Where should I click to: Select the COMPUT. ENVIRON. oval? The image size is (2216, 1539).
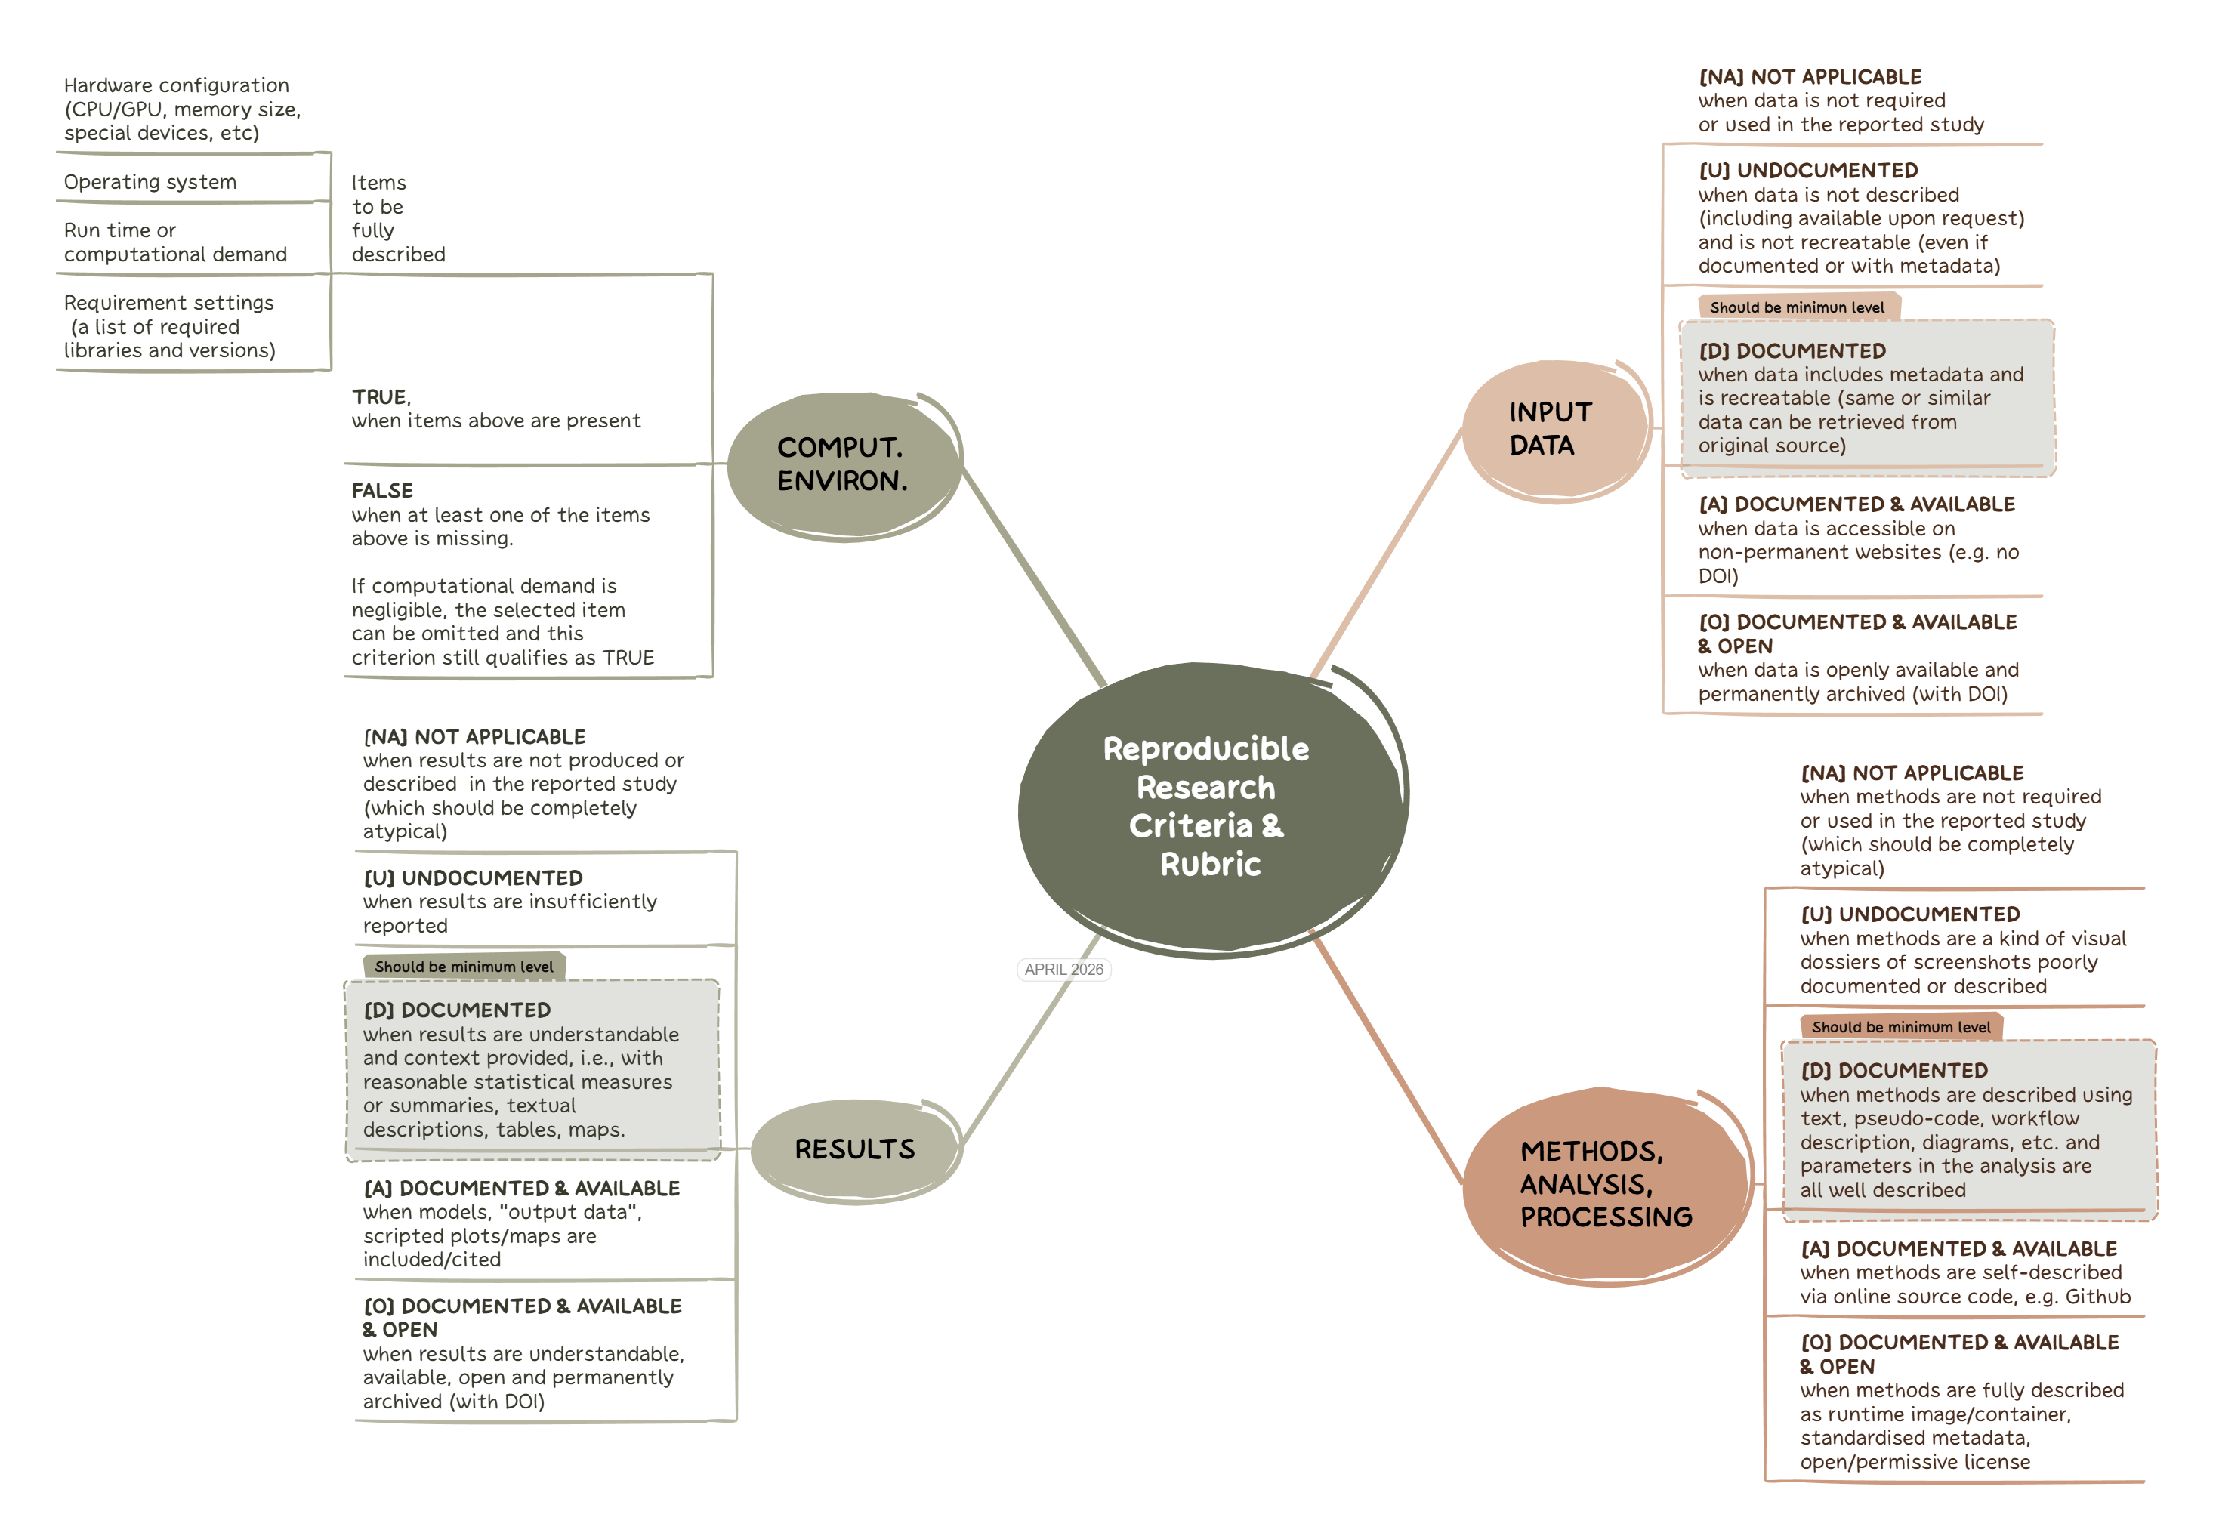(842, 464)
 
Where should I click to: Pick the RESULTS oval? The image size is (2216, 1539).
(854, 1149)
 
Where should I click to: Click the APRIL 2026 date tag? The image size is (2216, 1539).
(1063, 969)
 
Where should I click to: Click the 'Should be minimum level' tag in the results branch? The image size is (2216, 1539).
(463, 966)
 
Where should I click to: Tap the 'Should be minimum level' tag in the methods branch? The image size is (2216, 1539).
(1900, 1027)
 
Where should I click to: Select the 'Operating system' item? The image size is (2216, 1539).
(150, 182)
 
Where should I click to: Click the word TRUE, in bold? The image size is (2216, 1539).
(381, 397)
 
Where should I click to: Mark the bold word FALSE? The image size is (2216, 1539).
(382, 491)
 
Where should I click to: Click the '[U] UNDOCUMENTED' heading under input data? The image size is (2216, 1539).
(1807, 171)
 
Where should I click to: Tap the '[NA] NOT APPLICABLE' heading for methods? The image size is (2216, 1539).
(1912, 773)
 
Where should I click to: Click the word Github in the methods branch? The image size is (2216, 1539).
(2097, 1297)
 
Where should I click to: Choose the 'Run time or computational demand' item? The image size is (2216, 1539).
(174, 242)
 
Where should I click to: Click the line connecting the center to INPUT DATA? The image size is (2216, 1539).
(1387, 553)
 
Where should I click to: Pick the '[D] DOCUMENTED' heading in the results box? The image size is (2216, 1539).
(457, 1010)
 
